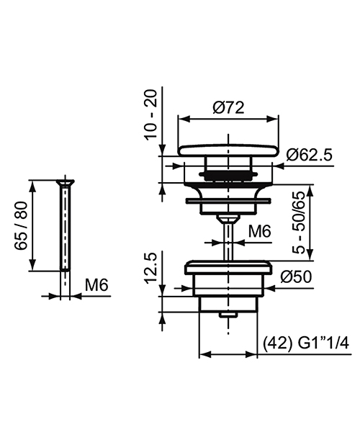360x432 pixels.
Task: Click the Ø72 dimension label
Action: click(x=230, y=107)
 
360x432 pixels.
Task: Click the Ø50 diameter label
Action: click(x=296, y=276)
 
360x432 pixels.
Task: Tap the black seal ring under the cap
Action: click(x=228, y=174)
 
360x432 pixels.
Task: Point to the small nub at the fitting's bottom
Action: click(x=228, y=315)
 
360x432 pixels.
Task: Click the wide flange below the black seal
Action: click(x=228, y=197)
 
